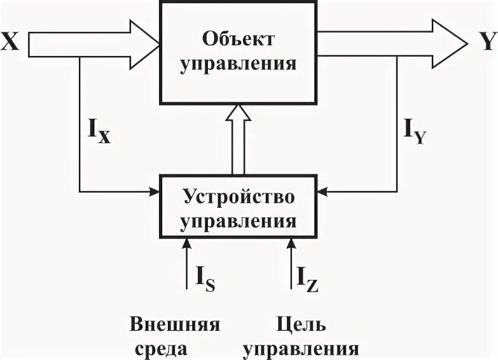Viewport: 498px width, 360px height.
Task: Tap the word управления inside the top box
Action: click(238, 63)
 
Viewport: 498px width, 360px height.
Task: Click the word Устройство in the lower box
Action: click(238, 197)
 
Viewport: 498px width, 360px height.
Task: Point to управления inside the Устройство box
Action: click(238, 221)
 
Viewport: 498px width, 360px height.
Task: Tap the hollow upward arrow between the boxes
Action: click(238, 139)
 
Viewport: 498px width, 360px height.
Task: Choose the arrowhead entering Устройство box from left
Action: click(155, 192)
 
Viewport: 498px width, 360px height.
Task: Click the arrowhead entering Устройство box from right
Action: click(321, 192)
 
